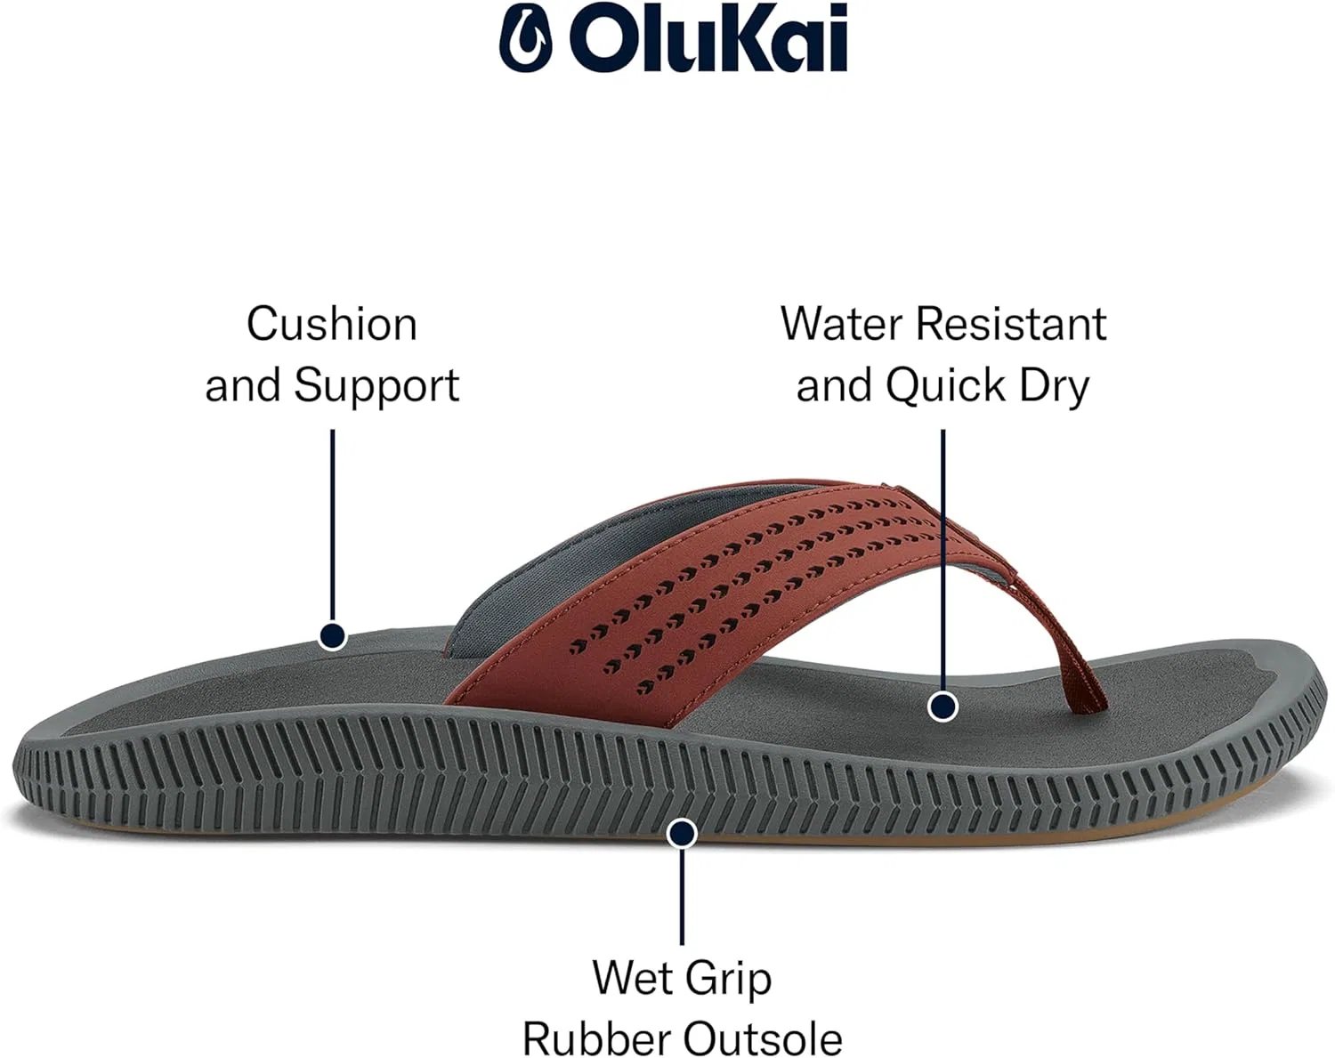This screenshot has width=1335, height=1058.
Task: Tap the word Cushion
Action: tap(332, 324)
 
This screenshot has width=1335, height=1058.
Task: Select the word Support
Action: tap(376, 386)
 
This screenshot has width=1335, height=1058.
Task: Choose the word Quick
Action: tap(945, 386)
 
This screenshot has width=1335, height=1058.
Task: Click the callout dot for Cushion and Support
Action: tap(333, 636)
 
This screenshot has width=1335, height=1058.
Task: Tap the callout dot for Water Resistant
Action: tap(943, 707)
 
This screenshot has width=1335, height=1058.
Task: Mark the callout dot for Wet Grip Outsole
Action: tap(682, 834)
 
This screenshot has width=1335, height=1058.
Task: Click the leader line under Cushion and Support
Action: tap(333, 526)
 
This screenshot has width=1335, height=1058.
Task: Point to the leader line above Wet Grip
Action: tap(682, 896)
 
